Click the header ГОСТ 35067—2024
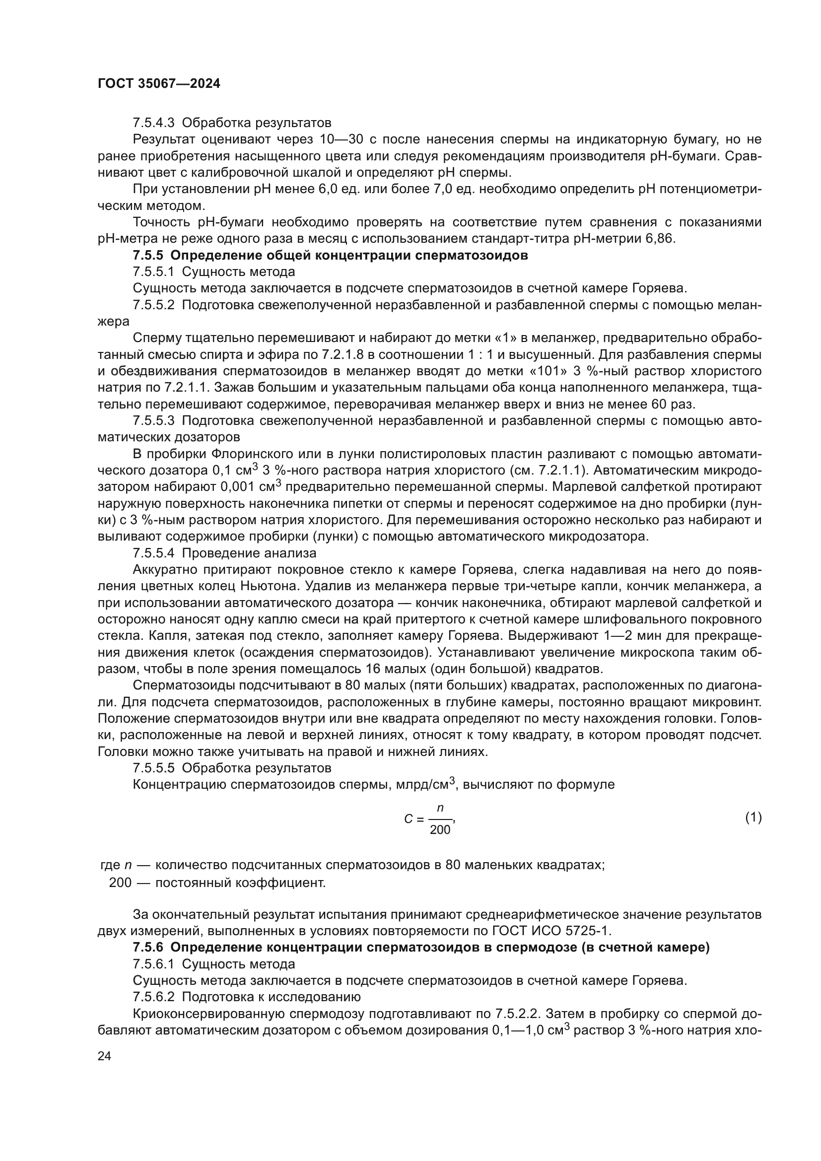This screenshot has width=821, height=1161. [x=159, y=84]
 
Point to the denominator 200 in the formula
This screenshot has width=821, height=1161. [x=439, y=830]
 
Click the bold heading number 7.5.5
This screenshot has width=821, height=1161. [x=149, y=255]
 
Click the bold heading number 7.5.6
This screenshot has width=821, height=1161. [x=149, y=948]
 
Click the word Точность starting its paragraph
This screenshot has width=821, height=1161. [x=161, y=222]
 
